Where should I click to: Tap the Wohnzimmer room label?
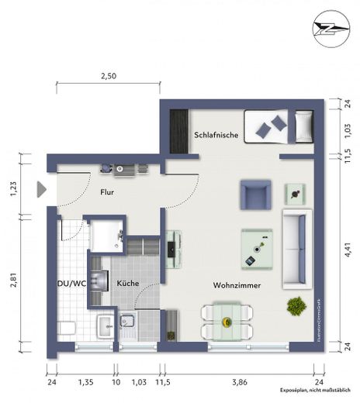(237, 285)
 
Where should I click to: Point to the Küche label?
(128, 284)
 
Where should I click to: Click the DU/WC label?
(72, 284)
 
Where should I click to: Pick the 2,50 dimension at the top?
(109, 76)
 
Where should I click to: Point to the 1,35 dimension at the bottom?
(86, 382)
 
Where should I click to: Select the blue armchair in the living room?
(255, 194)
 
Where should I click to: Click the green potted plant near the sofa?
(296, 306)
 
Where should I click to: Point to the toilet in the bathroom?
(66, 327)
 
